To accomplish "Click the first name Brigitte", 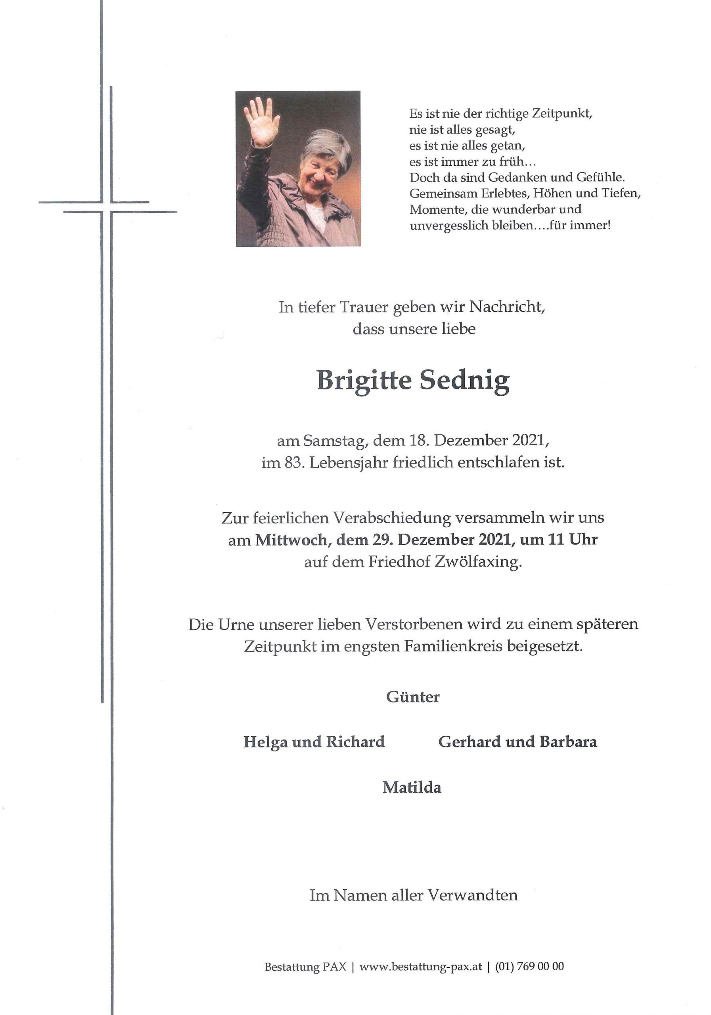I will [364, 381].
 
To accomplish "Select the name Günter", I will [412, 697].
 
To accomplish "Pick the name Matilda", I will [412, 787].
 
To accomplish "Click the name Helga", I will [265, 742].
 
